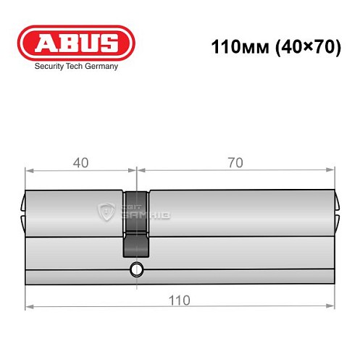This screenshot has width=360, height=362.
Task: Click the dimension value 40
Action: pos(80,163)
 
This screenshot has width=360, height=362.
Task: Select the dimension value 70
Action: pos(234,163)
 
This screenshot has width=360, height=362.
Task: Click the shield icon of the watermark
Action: pos(106,211)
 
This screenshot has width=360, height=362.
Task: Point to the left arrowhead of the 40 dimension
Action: pos(29,172)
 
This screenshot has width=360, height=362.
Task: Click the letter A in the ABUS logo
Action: pos(44,43)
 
